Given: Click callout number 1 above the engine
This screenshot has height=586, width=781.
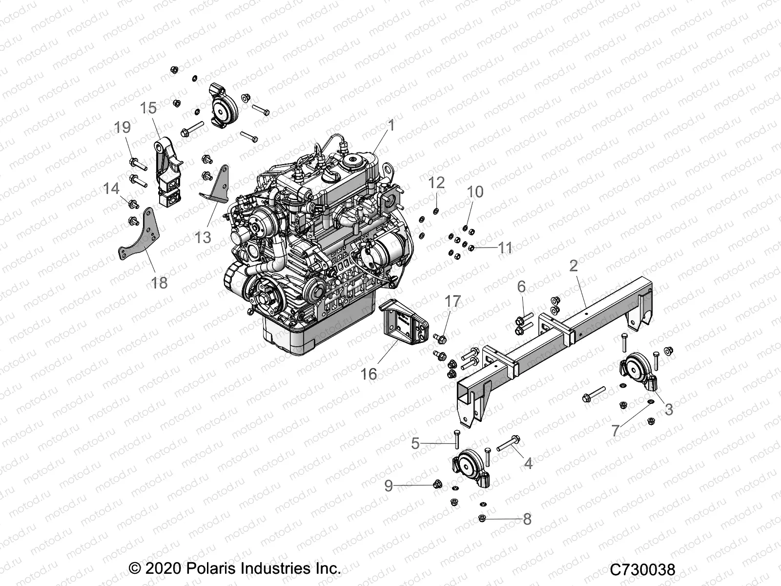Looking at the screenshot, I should (390, 126).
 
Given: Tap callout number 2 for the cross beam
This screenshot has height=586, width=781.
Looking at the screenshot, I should (574, 266).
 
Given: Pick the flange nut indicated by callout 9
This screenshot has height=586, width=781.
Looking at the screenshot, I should (437, 484).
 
